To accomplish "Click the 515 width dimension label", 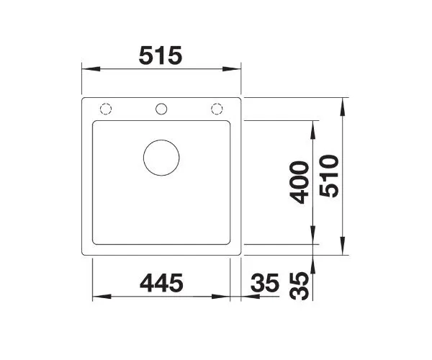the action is [x=161, y=55].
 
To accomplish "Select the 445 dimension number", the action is [x=161, y=283].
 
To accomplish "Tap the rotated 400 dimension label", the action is [x=300, y=182].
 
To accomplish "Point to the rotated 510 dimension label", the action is [x=329, y=176].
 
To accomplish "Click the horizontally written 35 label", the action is [x=265, y=283].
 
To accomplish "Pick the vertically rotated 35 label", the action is [x=300, y=286].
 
